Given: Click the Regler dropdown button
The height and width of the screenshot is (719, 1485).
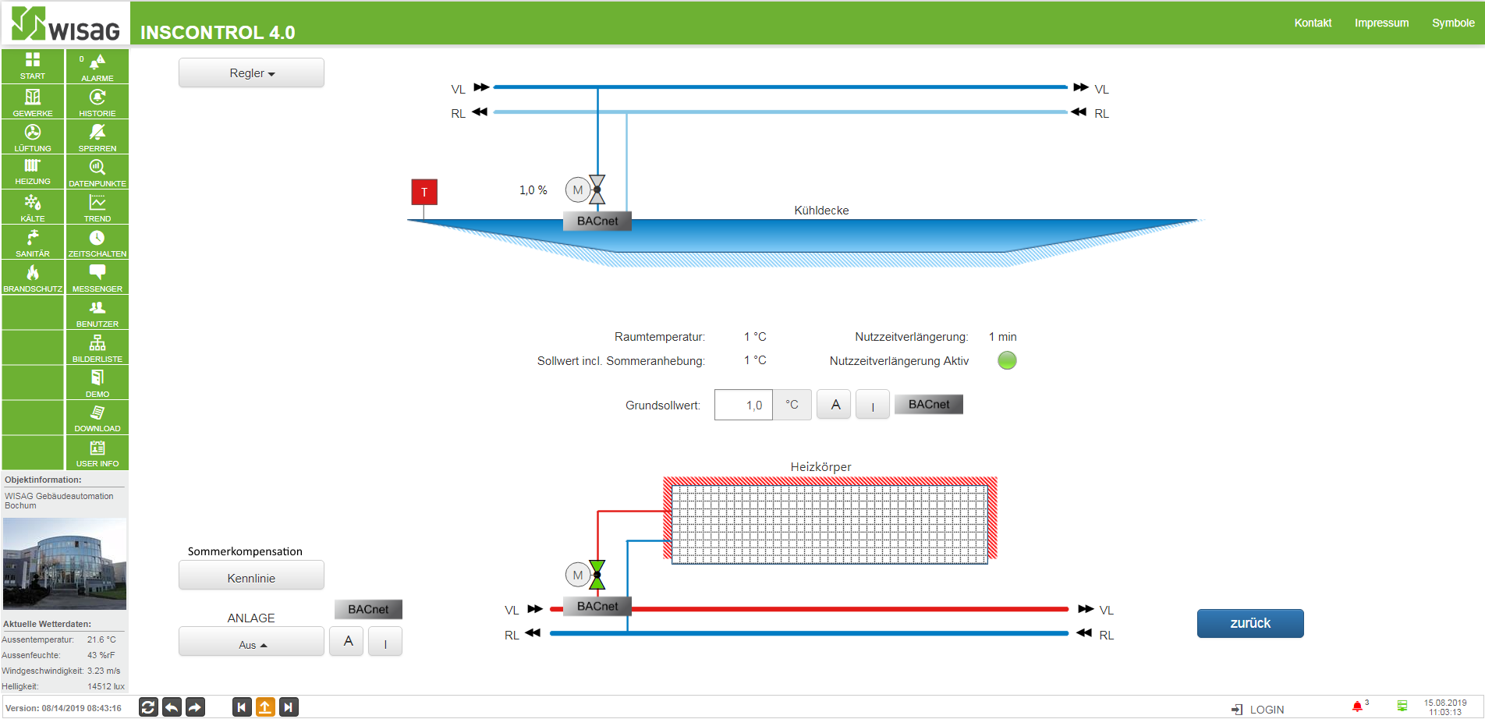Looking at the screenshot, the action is (x=251, y=73).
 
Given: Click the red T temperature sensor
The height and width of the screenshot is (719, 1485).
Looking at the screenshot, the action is (x=424, y=192).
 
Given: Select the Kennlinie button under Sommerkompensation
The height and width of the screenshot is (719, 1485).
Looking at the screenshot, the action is (x=251, y=577).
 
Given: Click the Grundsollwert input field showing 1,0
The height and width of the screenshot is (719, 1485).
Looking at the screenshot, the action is (x=743, y=405).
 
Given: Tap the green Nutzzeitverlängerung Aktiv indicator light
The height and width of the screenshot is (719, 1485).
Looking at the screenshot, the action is (x=1007, y=360).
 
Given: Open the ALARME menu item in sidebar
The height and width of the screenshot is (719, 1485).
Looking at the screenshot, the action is (x=97, y=67).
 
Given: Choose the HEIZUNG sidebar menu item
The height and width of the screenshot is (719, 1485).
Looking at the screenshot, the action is (x=33, y=172).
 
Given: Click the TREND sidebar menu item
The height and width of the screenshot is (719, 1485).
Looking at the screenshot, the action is (x=97, y=207).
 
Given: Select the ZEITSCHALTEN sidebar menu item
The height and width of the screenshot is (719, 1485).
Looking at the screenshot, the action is (x=97, y=243).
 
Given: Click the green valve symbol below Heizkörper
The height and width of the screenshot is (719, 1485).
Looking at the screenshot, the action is (x=597, y=575).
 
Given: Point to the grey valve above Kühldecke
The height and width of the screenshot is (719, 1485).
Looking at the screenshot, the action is (x=597, y=189).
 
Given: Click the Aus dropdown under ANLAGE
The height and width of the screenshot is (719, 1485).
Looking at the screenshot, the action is (x=251, y=642).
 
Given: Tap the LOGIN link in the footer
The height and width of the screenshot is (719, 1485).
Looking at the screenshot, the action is (x=1258, y=709).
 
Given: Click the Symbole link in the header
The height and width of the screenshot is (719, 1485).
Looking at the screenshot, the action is (x=1453, y=23).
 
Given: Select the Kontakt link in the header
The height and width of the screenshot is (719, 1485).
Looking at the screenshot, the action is (x=1313, y=23).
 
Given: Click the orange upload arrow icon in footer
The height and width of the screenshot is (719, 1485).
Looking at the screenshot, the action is (x=265, y=707).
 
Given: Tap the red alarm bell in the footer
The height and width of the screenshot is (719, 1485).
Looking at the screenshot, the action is (x=1357, y=707).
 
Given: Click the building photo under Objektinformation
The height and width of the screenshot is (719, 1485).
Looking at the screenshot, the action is (x=65, y=564).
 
